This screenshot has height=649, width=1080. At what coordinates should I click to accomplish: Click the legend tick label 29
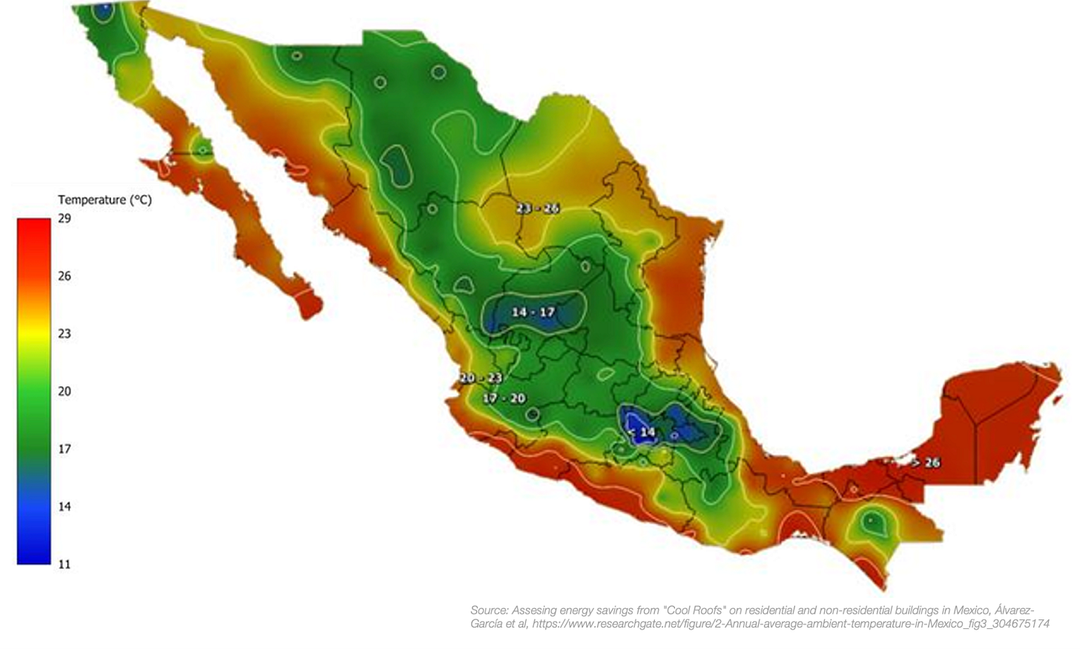tap(65, 218)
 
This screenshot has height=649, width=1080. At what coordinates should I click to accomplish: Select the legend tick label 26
tap(65, 276)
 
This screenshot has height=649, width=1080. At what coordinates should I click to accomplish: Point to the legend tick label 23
tap(65, 334)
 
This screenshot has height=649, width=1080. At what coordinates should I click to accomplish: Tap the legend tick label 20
tap(65, 392)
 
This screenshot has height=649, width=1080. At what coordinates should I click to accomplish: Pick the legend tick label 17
tap(65, 449)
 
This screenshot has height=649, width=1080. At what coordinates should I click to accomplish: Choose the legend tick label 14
tap(65, 507)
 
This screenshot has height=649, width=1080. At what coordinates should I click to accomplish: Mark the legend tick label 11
tap(65, 564)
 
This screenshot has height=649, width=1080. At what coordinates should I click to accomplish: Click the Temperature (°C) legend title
tap(105, 200)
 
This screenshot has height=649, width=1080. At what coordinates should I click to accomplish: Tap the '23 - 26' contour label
tap(538, 208)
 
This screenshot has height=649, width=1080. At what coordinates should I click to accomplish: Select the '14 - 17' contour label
tap(533, 312)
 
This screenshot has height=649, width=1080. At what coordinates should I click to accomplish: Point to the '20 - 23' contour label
tap(481, 378)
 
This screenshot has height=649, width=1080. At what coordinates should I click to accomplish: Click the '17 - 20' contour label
tap(504, 398)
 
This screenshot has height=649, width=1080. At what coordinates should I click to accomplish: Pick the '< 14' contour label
tap(642, 432)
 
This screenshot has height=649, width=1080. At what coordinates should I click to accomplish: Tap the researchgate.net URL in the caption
tap(791, 624)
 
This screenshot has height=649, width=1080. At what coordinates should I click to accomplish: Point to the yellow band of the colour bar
tap(34, 334)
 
